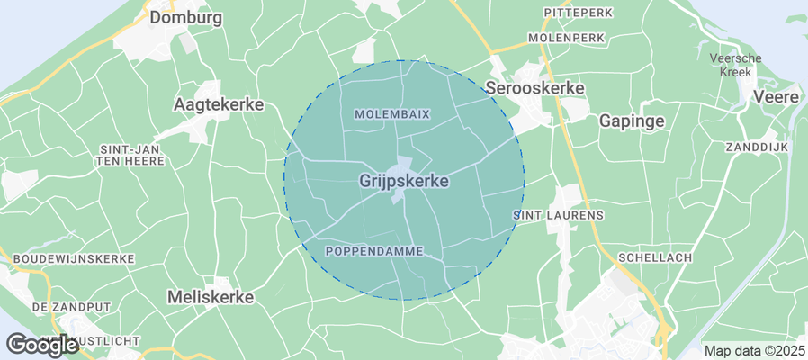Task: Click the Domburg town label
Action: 186,17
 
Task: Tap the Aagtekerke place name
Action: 218,104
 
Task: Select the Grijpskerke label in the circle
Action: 404,181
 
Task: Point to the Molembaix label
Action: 392,114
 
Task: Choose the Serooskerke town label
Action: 534,88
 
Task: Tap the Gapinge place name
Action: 632,121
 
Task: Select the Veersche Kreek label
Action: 736,65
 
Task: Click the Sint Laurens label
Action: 558,216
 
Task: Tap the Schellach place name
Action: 654,257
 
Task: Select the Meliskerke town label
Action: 211,296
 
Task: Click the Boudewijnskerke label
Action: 74,258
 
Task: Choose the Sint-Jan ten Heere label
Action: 131,154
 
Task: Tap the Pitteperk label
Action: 577,12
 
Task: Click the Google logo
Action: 40,344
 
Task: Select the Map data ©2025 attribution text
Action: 754,351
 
